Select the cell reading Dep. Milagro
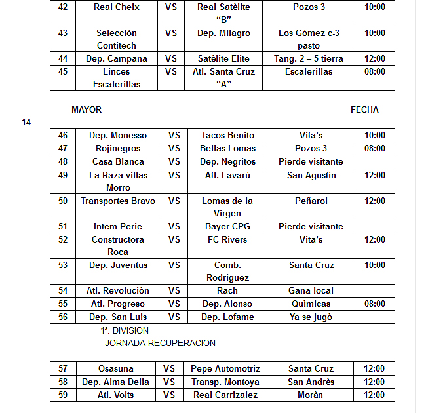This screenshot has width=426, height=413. [x=223, y=33]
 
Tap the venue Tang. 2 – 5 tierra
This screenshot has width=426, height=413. [x=308, y=59]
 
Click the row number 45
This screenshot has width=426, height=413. [x=63, y=72]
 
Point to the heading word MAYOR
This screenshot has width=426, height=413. [x=87, y=110]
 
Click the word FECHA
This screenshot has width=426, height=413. [x=364, y=110]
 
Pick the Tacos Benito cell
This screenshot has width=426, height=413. [x=227, y=136]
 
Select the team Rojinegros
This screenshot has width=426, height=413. [x=118, y=149]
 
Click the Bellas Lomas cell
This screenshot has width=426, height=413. [x=227, y=149]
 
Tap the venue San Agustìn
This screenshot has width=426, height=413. [x=311, y=176]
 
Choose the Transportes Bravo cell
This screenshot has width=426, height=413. [x=118, y=201]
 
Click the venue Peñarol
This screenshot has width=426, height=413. [x=311, y=201]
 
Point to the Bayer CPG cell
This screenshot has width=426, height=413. [x=227, y=227]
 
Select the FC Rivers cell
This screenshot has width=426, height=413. [x=227, y=240]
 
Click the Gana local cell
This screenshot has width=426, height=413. [x=311, y=291]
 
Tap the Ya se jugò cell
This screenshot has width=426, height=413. [x=311, y=317]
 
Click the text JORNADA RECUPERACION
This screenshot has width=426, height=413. [x=160, y=343]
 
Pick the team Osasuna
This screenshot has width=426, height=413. [x=115, y=369]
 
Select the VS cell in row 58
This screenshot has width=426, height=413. [x=169, y=382]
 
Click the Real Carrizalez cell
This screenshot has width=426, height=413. [x=225, y=395]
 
